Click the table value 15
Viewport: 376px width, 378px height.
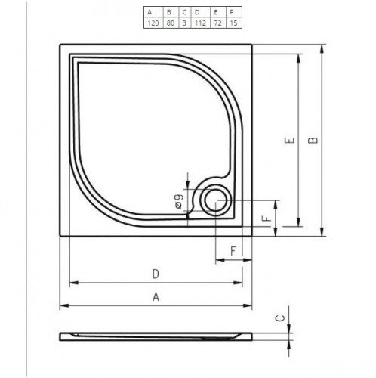pyautogui.click(x=234, y=23)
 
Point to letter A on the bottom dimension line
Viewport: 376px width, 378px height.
pyautogui.click(x=156, y=297)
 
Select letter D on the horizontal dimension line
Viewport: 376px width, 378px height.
pyautogui.click(x=156, y=274)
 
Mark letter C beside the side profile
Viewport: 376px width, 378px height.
pyautogui.click(x=279, y=319)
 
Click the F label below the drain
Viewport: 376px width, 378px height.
pyautogui.click(x=234, y=249)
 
